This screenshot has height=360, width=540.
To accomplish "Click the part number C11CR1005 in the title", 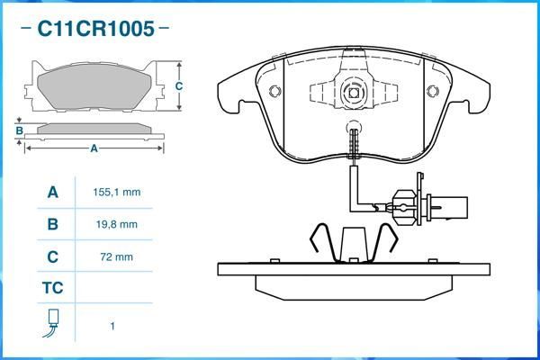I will (x=95, y=29).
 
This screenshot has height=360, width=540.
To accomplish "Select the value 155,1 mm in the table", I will (x=117, y=193).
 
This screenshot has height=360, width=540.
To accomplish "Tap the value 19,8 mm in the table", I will (x=117, y=224).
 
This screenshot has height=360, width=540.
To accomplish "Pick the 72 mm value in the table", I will (x=117, y=256).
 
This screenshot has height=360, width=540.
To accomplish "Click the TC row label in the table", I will (x=52, y=289).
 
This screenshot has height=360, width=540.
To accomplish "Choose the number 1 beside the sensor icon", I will (x=112, y=326).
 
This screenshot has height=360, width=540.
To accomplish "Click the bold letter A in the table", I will (x=52, y=193).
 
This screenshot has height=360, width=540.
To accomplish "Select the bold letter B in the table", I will (x=52, y=224).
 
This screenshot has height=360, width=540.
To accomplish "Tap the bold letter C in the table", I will (x=52, y=256).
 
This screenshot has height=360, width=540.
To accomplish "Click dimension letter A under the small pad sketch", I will (x=94, y=149).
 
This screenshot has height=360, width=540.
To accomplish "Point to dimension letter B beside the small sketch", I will (x=19, y=131).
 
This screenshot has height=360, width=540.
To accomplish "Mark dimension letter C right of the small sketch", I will (x=179, y=86).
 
